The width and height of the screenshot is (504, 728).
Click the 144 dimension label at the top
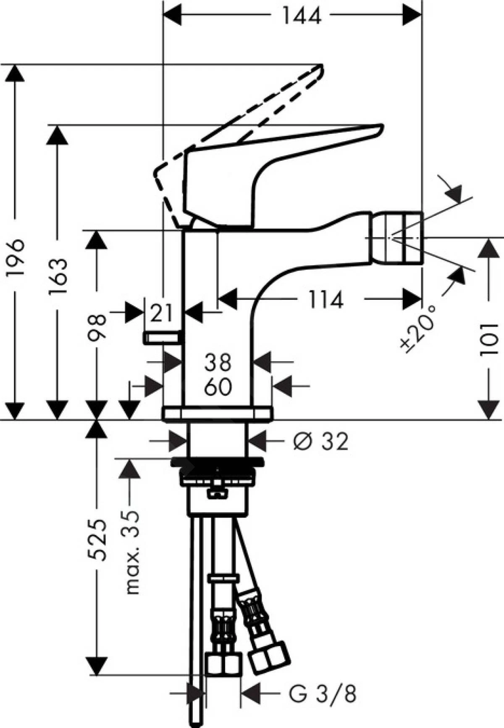coord(301,16)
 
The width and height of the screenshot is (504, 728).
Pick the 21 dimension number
coord(162,313)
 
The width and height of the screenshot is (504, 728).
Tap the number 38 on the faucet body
coord(218,362)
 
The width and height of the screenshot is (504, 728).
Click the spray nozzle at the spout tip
coord(395,237)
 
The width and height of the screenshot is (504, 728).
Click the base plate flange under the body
coord(218,413)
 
